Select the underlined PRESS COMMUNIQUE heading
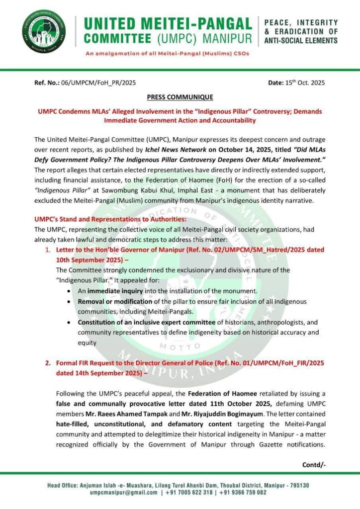click(180, 97)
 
